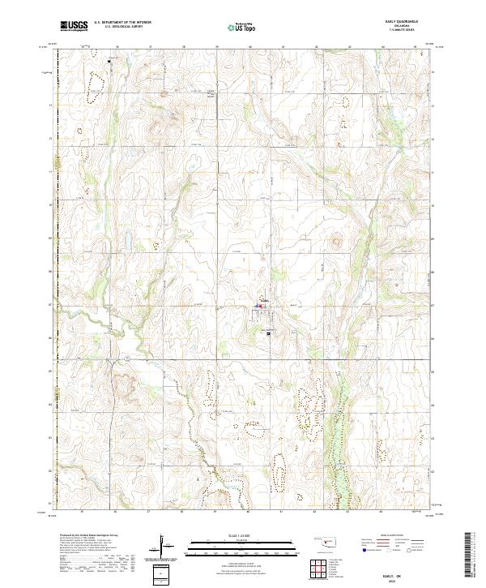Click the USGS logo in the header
point(73,25)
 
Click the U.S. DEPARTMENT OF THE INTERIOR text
point(123,22)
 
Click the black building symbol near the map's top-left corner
point(109,59)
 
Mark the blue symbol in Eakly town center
point(258,307)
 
